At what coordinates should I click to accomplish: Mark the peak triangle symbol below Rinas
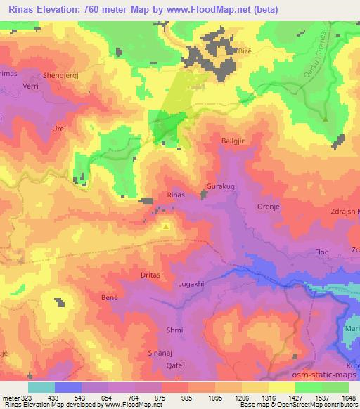click(166, 227)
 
